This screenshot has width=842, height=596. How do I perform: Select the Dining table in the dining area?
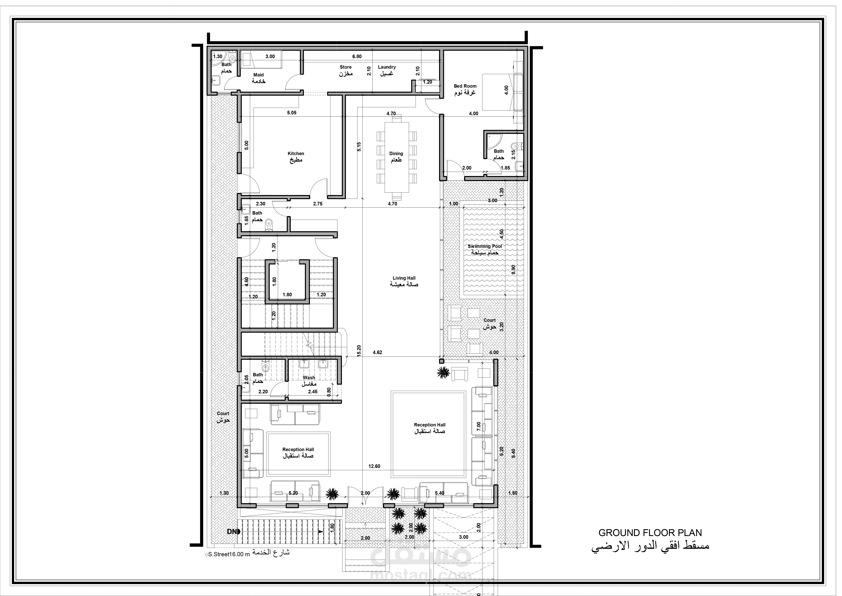coord(396,157)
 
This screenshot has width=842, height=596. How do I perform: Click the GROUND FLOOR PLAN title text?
coord(650,533)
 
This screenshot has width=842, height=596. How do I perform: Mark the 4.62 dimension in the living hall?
coord(377,352)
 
